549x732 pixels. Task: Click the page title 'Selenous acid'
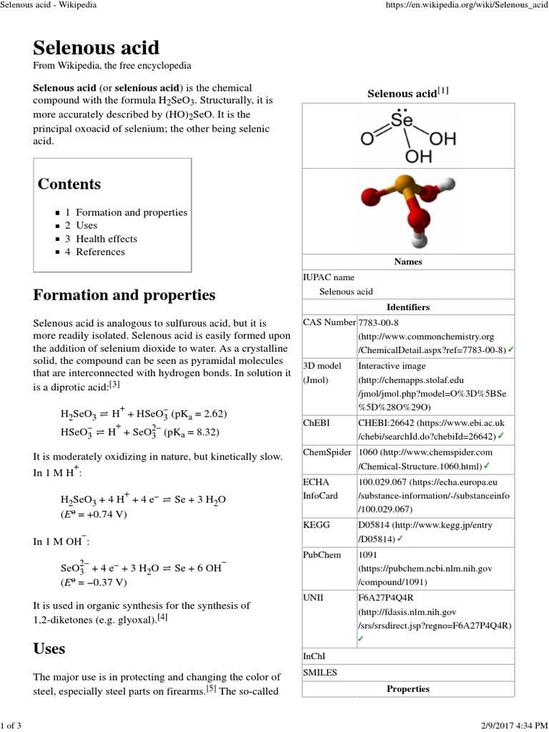(97, 47)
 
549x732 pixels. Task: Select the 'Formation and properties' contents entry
(131, 212)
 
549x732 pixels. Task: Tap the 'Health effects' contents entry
(106, 239)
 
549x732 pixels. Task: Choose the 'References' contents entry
(100, 252)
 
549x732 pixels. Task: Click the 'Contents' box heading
(69, 184)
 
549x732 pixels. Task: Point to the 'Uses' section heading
(49, 648)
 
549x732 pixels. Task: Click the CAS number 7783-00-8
(379, 322)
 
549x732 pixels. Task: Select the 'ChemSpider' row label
(327, 452)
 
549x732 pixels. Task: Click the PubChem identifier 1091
(368, 554)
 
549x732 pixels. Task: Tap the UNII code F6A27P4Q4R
(386, 597)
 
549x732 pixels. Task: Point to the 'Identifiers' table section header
(408, 307)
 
